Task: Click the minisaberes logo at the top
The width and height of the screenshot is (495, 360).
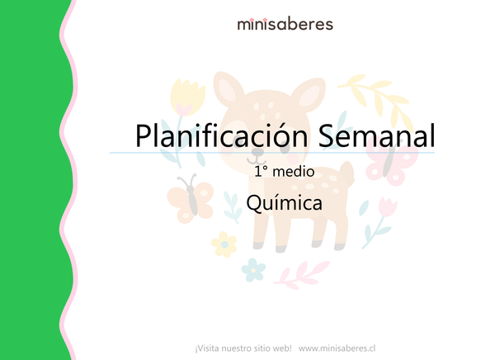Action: [285, 24]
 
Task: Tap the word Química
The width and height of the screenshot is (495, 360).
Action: [285, 203]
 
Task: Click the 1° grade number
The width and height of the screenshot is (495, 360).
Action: [262, 173]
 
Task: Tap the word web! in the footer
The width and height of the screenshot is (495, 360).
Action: [280, 348]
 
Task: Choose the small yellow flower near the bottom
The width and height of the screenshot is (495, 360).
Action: [224, 243]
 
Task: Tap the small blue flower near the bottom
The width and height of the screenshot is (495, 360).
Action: [255, 268]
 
